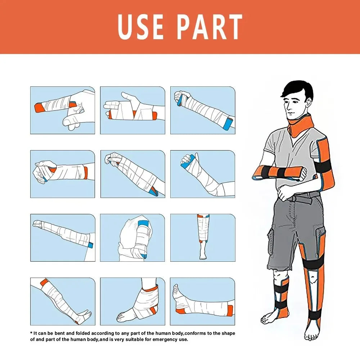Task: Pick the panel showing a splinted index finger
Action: [62, 110]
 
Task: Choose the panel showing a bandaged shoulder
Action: [132, 238]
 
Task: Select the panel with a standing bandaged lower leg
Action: [202, 238]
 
